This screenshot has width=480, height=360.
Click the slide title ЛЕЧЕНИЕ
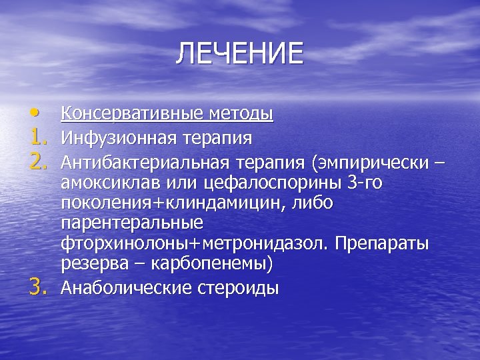[239, 54]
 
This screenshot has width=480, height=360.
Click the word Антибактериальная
[143, 162]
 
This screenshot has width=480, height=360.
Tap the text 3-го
[364, 183]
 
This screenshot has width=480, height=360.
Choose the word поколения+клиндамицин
[173, 203]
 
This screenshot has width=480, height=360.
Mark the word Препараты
[382, 244]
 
